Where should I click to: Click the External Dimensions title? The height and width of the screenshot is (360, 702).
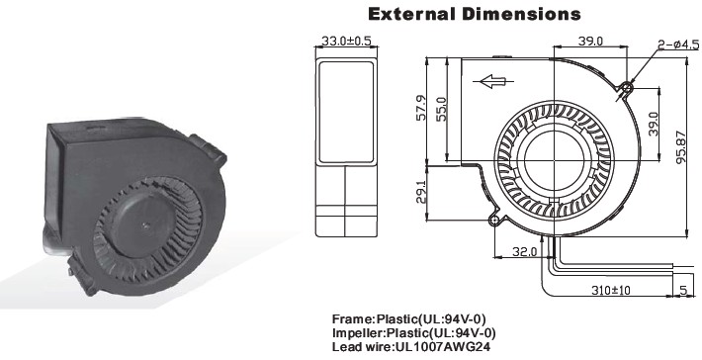point(475,14)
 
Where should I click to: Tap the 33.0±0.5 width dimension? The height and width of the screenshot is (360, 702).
point(346,41)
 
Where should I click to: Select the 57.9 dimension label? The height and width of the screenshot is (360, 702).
point(422,108)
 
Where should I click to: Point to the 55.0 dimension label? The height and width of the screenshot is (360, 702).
point(441,109)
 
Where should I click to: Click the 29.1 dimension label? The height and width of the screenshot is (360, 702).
point(421,190)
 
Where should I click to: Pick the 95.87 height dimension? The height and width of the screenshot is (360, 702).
point(680,146)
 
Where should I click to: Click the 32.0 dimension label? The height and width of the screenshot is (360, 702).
point(524,251)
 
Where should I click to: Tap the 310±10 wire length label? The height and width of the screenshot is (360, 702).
point(611,290)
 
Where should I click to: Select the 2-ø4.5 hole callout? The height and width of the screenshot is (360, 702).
point(678,45)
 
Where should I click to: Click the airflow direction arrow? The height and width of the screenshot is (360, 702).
point(493,81)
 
